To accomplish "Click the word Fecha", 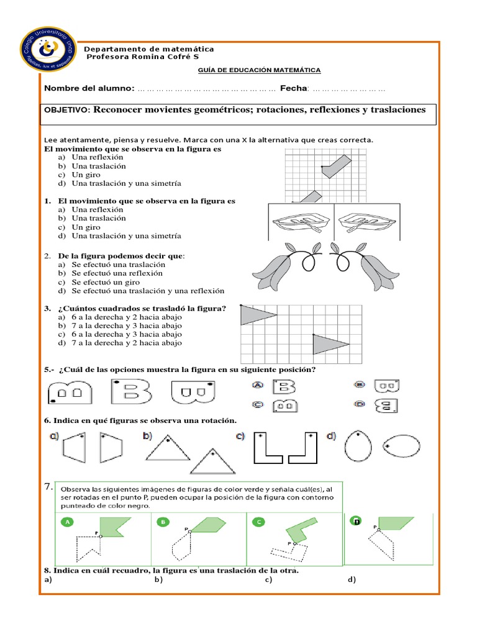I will pyautogui.click(x=294, y=89).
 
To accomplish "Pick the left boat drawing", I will pyautogui.click(x=301, y=222).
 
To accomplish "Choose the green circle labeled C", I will pyautogui.click(x=258, y=522).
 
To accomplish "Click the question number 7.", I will pyautogui.click(x=48, y=489).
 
